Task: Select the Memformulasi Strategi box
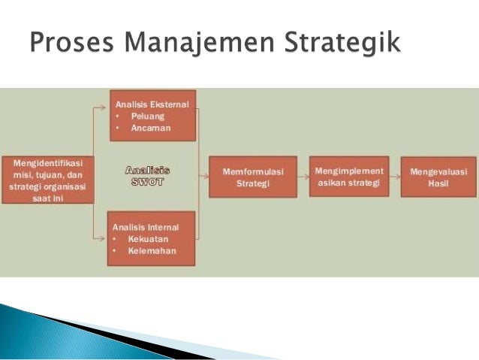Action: [x=252, y=177]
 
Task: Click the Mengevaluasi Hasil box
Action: [x=433, y=177]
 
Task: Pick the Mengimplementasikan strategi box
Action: [x=349, y=177]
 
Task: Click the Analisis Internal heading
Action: [x=146, y=226]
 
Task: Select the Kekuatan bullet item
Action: [x=149, y=239]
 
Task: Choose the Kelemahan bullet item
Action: [x=152, y=251]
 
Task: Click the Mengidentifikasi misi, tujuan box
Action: [x=48, y=179]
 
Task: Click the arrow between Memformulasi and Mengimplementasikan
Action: [x=303, y=177]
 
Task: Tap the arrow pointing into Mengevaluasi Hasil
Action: [x=395, y=177]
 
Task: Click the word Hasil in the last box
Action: [x=433, y=184]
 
